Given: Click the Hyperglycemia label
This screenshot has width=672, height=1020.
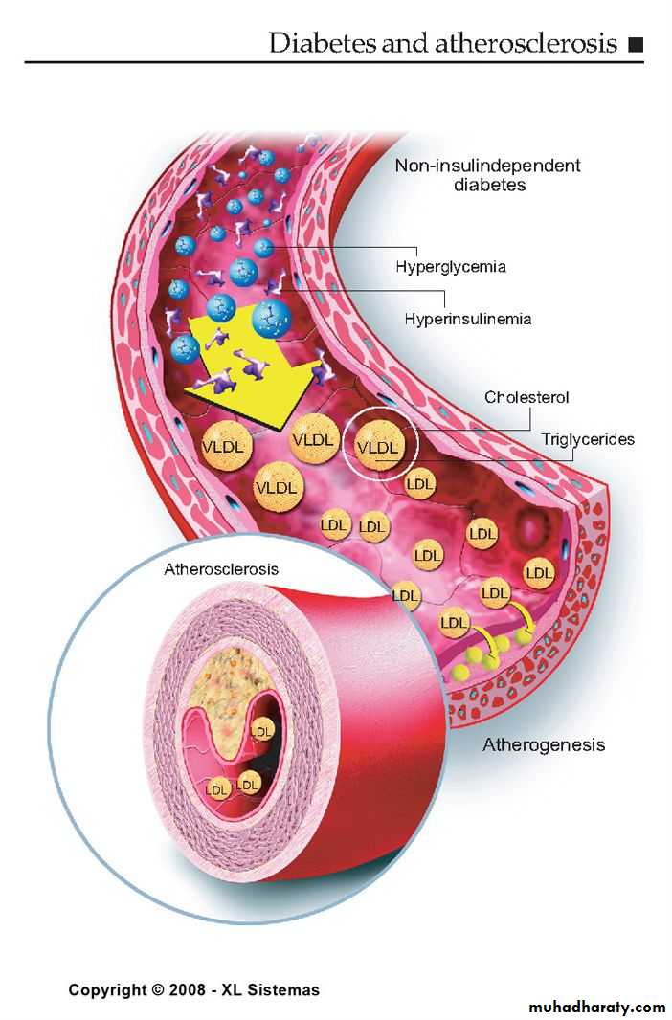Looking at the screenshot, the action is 450,267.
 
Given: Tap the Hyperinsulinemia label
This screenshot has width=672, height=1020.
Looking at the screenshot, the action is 468,319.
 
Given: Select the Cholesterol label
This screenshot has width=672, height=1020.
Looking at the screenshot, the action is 526,397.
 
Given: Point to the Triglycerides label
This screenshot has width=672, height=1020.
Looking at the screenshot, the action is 588,440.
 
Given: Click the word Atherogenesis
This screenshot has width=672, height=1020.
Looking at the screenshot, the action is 544,744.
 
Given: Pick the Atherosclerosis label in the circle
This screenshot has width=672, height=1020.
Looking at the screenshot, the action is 221,569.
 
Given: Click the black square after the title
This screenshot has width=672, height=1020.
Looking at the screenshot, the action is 636,45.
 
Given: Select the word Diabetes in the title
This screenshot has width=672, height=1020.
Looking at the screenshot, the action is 322,43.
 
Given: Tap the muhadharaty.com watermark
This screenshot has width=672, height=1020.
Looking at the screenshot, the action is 597,1007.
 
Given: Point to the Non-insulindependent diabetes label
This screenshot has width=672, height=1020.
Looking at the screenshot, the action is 488,174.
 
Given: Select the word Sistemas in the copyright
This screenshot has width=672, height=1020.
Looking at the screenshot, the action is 285,990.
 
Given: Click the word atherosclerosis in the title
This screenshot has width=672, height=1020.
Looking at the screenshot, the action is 526,43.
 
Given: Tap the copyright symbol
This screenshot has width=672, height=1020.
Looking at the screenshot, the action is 157,990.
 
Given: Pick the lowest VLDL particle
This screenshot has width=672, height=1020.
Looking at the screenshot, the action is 277,487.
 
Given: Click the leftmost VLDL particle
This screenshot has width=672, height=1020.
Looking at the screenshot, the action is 223,446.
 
